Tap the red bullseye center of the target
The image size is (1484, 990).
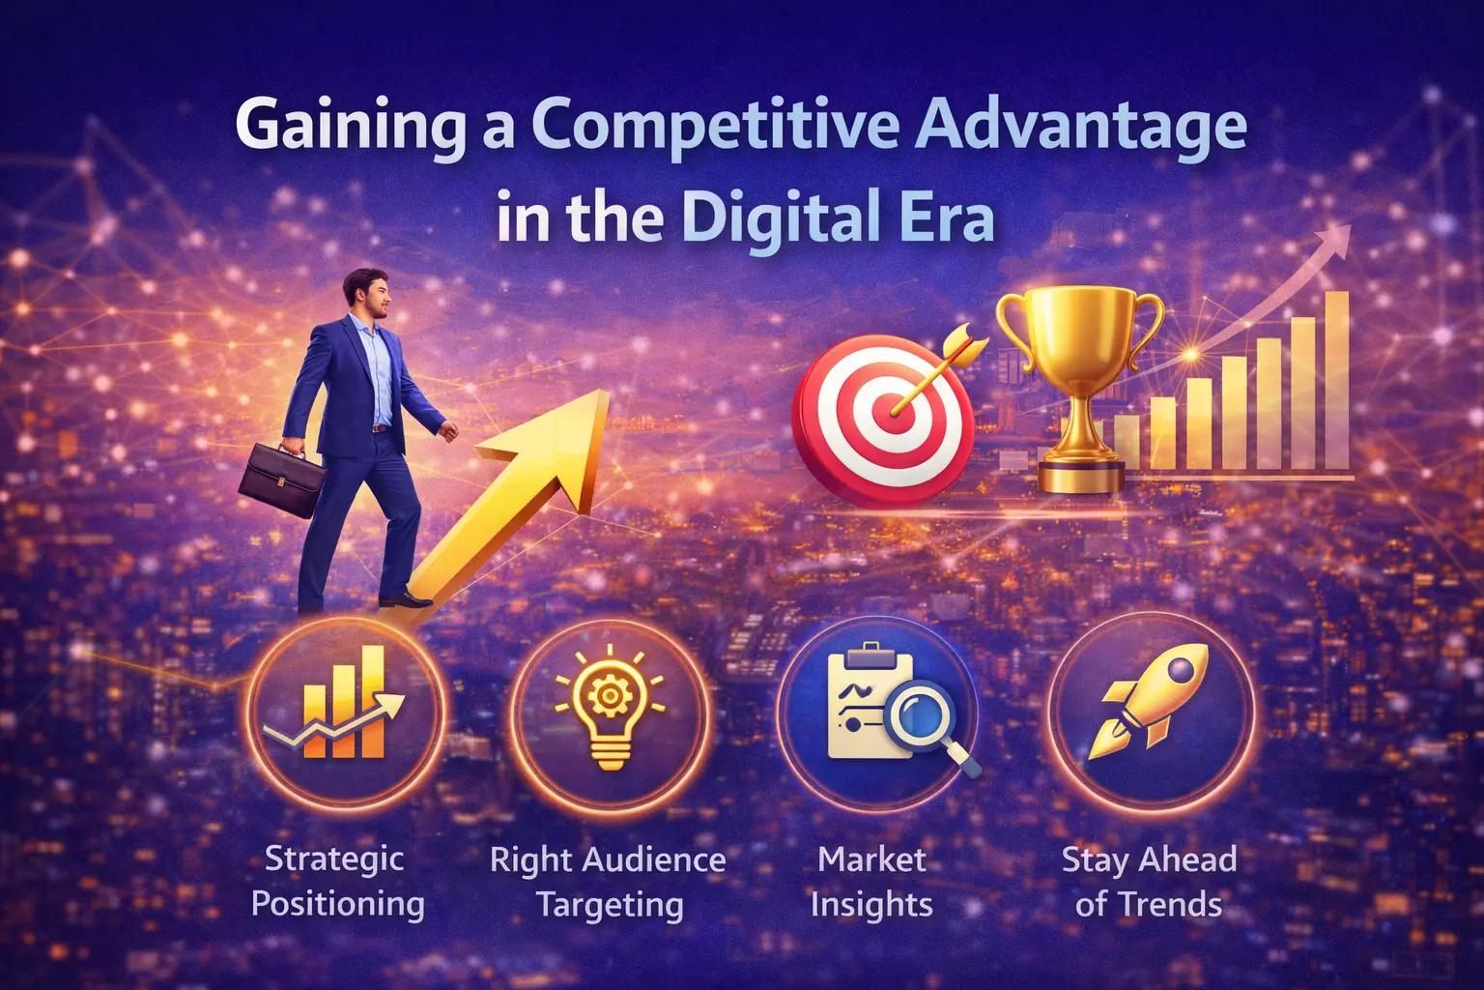click(x=891, y=413)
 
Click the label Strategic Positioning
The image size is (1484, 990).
click(x=336, y=881)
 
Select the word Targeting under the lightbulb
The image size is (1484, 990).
click(x=610, y=905)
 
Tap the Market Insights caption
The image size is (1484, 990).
click(x=871, y=881)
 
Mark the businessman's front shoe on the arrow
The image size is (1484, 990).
click(x=407, y=599)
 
